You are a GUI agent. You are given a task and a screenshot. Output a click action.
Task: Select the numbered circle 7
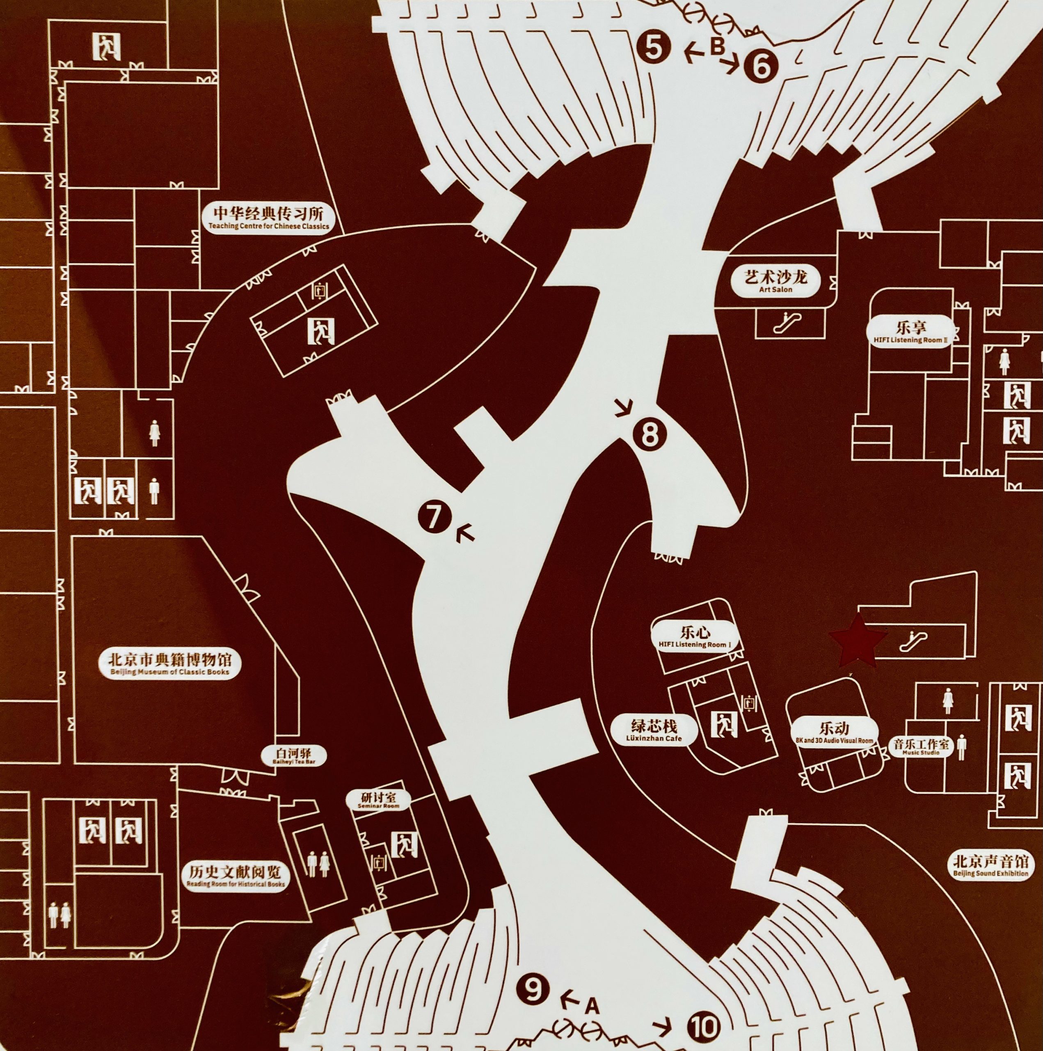[x=433, y=517]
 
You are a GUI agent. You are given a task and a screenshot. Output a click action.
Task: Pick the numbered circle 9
[x=533, y=989]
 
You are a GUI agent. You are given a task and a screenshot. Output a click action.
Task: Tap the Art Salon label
[x=775, y=281]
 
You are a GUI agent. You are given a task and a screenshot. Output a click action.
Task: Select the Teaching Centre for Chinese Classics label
[x=269, y=219]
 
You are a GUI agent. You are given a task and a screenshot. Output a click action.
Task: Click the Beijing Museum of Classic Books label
[x=169, y=664]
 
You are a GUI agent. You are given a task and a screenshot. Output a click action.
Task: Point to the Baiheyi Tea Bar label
[x=294, y=755]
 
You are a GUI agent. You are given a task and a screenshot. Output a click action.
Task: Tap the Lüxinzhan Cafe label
[x=654, y=730]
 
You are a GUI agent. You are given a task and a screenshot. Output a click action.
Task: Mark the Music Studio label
[x=921, y=746]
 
